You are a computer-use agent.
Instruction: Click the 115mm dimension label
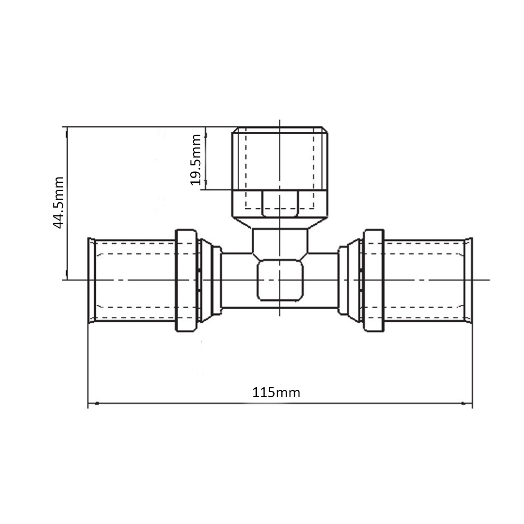click(276, 392)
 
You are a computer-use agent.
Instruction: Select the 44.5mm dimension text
click(58, 202)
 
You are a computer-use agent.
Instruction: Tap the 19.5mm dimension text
click(195, 160)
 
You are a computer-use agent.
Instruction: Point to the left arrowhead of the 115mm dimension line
click(97, 403)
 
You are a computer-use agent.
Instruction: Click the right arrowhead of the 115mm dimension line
click(464, 403)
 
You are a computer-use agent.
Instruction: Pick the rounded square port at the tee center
click(280, 280)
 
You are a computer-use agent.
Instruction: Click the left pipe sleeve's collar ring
click(186, 280)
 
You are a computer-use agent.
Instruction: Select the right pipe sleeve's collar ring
click(374, 280)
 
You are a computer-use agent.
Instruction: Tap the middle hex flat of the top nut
click(280, 203)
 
